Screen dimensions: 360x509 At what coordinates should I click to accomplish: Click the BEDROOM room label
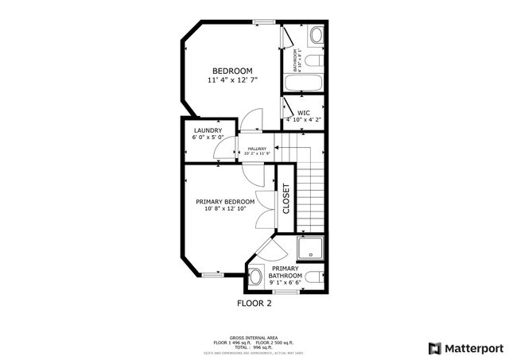(231, 71)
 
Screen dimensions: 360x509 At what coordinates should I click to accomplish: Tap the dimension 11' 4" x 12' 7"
(231, 80)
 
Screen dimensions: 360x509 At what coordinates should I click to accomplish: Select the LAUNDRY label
(208, 130)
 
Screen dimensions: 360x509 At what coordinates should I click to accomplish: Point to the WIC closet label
(304, 113)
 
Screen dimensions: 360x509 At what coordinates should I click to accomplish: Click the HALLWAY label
(257, 149)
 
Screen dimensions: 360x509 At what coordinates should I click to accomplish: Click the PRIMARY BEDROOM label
(225, 202)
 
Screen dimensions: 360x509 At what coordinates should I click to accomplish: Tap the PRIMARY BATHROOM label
(285, 273)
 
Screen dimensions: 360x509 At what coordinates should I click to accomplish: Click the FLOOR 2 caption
(254, 304)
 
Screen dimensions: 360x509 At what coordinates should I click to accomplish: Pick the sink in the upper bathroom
(316, 35)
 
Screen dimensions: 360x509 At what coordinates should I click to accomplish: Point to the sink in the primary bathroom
(256, 277)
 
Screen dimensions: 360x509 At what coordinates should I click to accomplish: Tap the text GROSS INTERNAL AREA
(254, 336)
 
